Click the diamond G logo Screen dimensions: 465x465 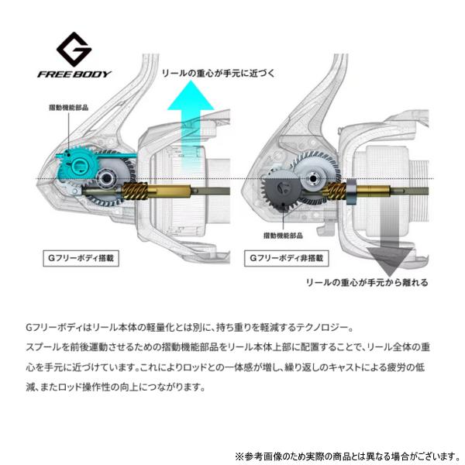click(74, 50)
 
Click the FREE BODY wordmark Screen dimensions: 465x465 click(74, 74)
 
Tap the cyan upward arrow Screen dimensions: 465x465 click(191, 125)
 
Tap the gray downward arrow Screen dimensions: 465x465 click(390, 234)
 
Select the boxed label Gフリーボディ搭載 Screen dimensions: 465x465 click(81, 258)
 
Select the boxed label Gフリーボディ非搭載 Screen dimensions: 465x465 click(287, 258)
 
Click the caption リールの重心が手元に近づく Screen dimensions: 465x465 click(219, 73)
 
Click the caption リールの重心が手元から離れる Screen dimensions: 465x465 click(367, 282)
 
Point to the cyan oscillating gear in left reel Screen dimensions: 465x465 click(76, 166)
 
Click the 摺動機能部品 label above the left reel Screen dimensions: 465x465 click(68, 108)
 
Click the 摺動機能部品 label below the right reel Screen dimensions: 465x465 click(283, 236)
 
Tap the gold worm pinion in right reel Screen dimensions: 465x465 click(336, 191)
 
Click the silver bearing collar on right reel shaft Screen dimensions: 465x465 click(351, 191)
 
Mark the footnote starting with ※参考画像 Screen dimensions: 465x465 click(347, 456)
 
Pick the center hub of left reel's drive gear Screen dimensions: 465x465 click(106, 178)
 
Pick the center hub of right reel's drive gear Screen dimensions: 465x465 click(312, 179)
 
